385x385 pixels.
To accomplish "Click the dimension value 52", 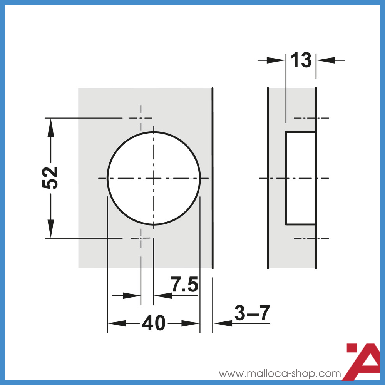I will click(x=50, y=178).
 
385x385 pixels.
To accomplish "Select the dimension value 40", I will click(x=154, y=323).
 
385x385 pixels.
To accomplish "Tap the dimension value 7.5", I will click(x=184, y=285).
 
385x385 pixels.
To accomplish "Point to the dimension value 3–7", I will click(x=253, y=313).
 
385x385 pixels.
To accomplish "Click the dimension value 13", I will click(x=301, y=60).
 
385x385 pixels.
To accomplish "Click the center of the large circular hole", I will click(x=154, y=178).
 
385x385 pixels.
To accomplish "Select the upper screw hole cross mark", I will click(x=141, y=118).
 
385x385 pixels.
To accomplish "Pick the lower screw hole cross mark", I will click(x=141, y=238).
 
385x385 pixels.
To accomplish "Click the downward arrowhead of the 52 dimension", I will click(x=50, y=229).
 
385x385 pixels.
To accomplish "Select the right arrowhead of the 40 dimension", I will click(x=191, y=323).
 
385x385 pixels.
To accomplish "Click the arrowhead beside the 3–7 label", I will click(x=223, y=323).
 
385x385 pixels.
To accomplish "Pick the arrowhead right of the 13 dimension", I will click(x=325, y=60).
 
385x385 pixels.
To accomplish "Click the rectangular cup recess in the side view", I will click(x=300, y=178).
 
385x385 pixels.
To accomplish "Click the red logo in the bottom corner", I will click(x=364, y=360).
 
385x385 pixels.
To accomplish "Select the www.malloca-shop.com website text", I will click(x=280, y=373).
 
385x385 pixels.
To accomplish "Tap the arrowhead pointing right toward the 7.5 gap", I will click(x=132, y=296).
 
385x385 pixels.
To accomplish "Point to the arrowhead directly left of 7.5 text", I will click(x=162, y=296).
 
